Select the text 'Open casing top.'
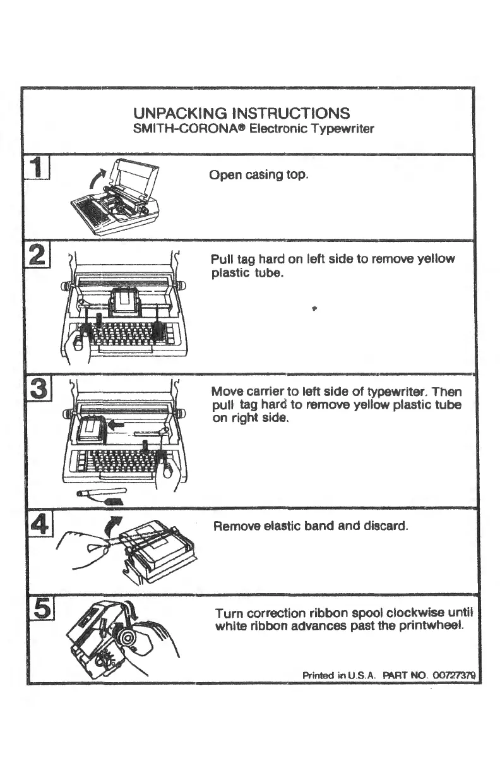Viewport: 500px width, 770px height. click(259, 174)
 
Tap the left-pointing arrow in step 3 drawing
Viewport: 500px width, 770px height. click(116, 424)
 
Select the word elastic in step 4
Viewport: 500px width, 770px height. click(277, 526)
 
